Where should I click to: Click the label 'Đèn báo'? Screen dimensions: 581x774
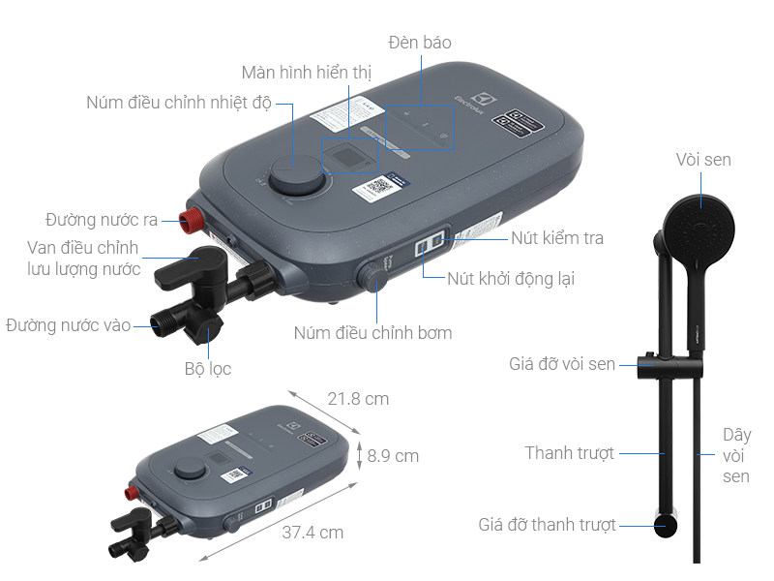[x=420, y=43]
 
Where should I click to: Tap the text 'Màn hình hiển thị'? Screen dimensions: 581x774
[x=307, y=73]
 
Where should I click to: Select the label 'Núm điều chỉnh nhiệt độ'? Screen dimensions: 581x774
[x=179, y=104]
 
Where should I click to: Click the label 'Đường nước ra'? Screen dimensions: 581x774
[x=102, y=219]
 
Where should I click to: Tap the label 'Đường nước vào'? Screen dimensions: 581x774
[x=68, y=325]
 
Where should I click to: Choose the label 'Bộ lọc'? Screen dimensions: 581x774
[x=208, y=368]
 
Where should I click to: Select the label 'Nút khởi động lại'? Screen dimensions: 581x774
[x=511, y=279]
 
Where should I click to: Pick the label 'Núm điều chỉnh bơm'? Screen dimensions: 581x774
[x=372, y=333]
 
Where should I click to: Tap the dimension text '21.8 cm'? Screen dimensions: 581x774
[x=358, y=398]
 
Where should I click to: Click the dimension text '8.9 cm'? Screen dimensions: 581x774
[x=393, y=455]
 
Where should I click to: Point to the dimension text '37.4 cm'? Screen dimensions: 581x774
[x=313, y=532]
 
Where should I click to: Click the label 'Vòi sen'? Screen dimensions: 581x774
[x=703, y=160]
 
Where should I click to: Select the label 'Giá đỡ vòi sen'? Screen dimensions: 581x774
[x=562, y=364]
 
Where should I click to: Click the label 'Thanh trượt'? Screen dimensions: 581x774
[x=570, y=453]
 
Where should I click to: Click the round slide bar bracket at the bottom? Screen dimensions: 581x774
[x=666, y=525]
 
